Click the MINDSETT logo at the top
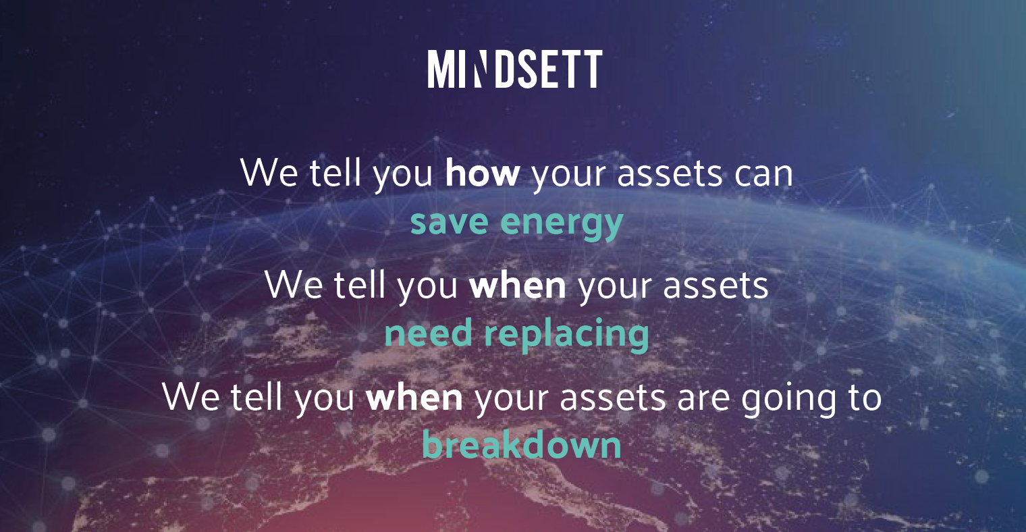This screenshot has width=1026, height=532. (x=514, y=69)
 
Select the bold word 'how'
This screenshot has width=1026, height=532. (x=483, y=174)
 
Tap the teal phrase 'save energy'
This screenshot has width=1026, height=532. (x=516, y=222)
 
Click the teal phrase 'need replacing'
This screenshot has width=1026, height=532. (x=516, y=334)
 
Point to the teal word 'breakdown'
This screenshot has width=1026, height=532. (x=521, y=446)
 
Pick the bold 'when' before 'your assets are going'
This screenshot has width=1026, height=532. (x=414, y=398)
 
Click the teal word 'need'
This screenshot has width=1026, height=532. (x=419, y=334)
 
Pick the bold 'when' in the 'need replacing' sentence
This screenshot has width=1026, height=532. (x=518, y=286)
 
